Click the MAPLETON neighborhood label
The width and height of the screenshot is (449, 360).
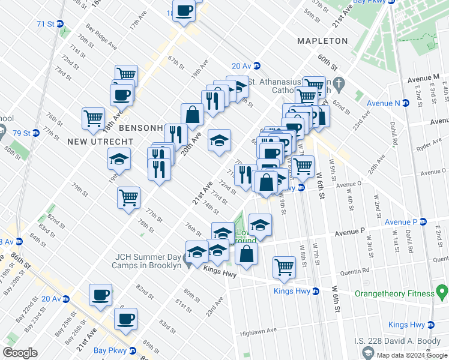point(322,41)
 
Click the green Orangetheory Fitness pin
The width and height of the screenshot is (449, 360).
point(443,293)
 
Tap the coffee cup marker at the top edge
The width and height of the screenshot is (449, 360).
point(184,11)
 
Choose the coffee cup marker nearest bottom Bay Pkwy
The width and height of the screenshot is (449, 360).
point(125,319)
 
